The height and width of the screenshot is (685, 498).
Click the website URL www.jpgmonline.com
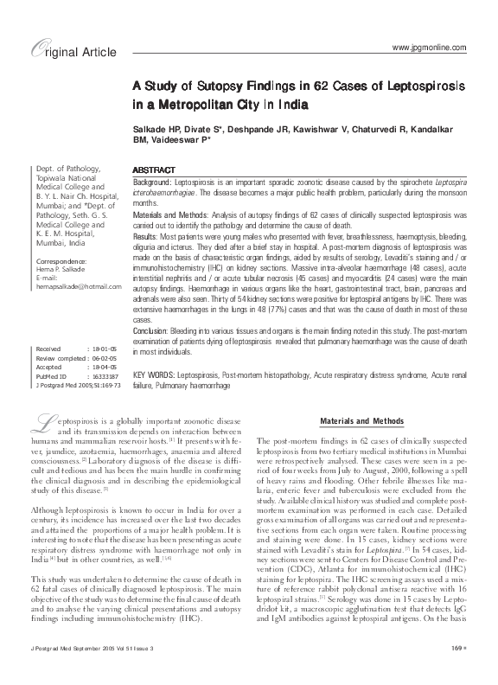coord(429,46)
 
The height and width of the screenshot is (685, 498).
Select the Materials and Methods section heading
coord(363,421)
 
